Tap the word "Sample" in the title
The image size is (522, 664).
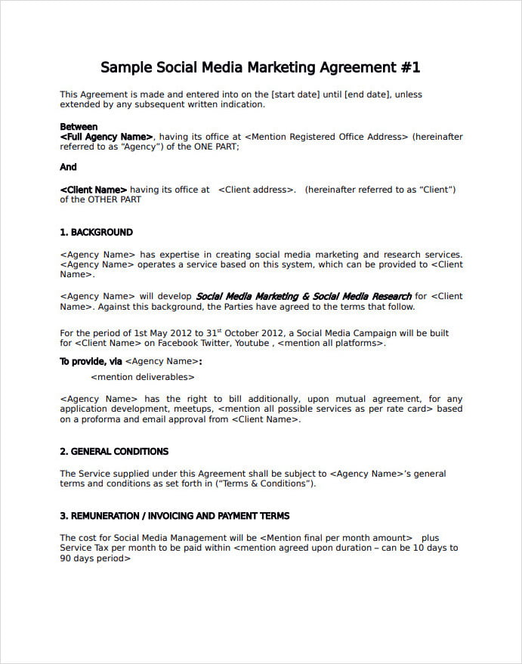[x=125, y=67]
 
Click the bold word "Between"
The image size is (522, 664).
[x=79, y=127]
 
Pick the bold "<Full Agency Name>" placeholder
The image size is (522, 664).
[x=107, y=137]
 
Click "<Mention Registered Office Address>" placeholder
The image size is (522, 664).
[x=326, y=137]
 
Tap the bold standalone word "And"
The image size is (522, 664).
[x=68, y=167]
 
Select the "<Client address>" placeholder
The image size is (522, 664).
[x=256, y=190]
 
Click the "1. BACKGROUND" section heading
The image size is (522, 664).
[x=96, y=233]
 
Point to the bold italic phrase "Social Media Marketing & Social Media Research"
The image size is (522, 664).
[x=304, y=296]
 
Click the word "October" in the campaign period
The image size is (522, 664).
[x=249, y=333]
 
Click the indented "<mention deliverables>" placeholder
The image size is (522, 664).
[x=143, y=376]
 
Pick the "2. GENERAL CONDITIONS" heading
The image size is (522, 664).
[x=114, y=452]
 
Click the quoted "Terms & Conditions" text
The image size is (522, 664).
[x=265, y=483]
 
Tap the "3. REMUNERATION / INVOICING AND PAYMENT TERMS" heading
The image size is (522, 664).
[x=175, y=516]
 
